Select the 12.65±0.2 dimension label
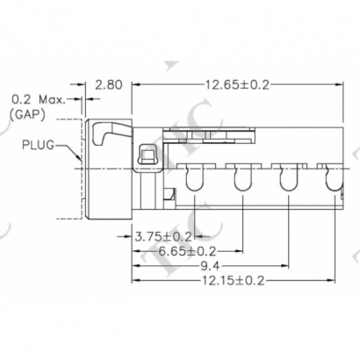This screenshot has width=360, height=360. point(236,85)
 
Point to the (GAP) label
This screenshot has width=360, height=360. point(29,114)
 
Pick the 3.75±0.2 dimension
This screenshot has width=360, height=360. point(162,236)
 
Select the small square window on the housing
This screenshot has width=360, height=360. point(148,157)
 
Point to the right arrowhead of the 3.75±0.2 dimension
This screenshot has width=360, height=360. point(192,236)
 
